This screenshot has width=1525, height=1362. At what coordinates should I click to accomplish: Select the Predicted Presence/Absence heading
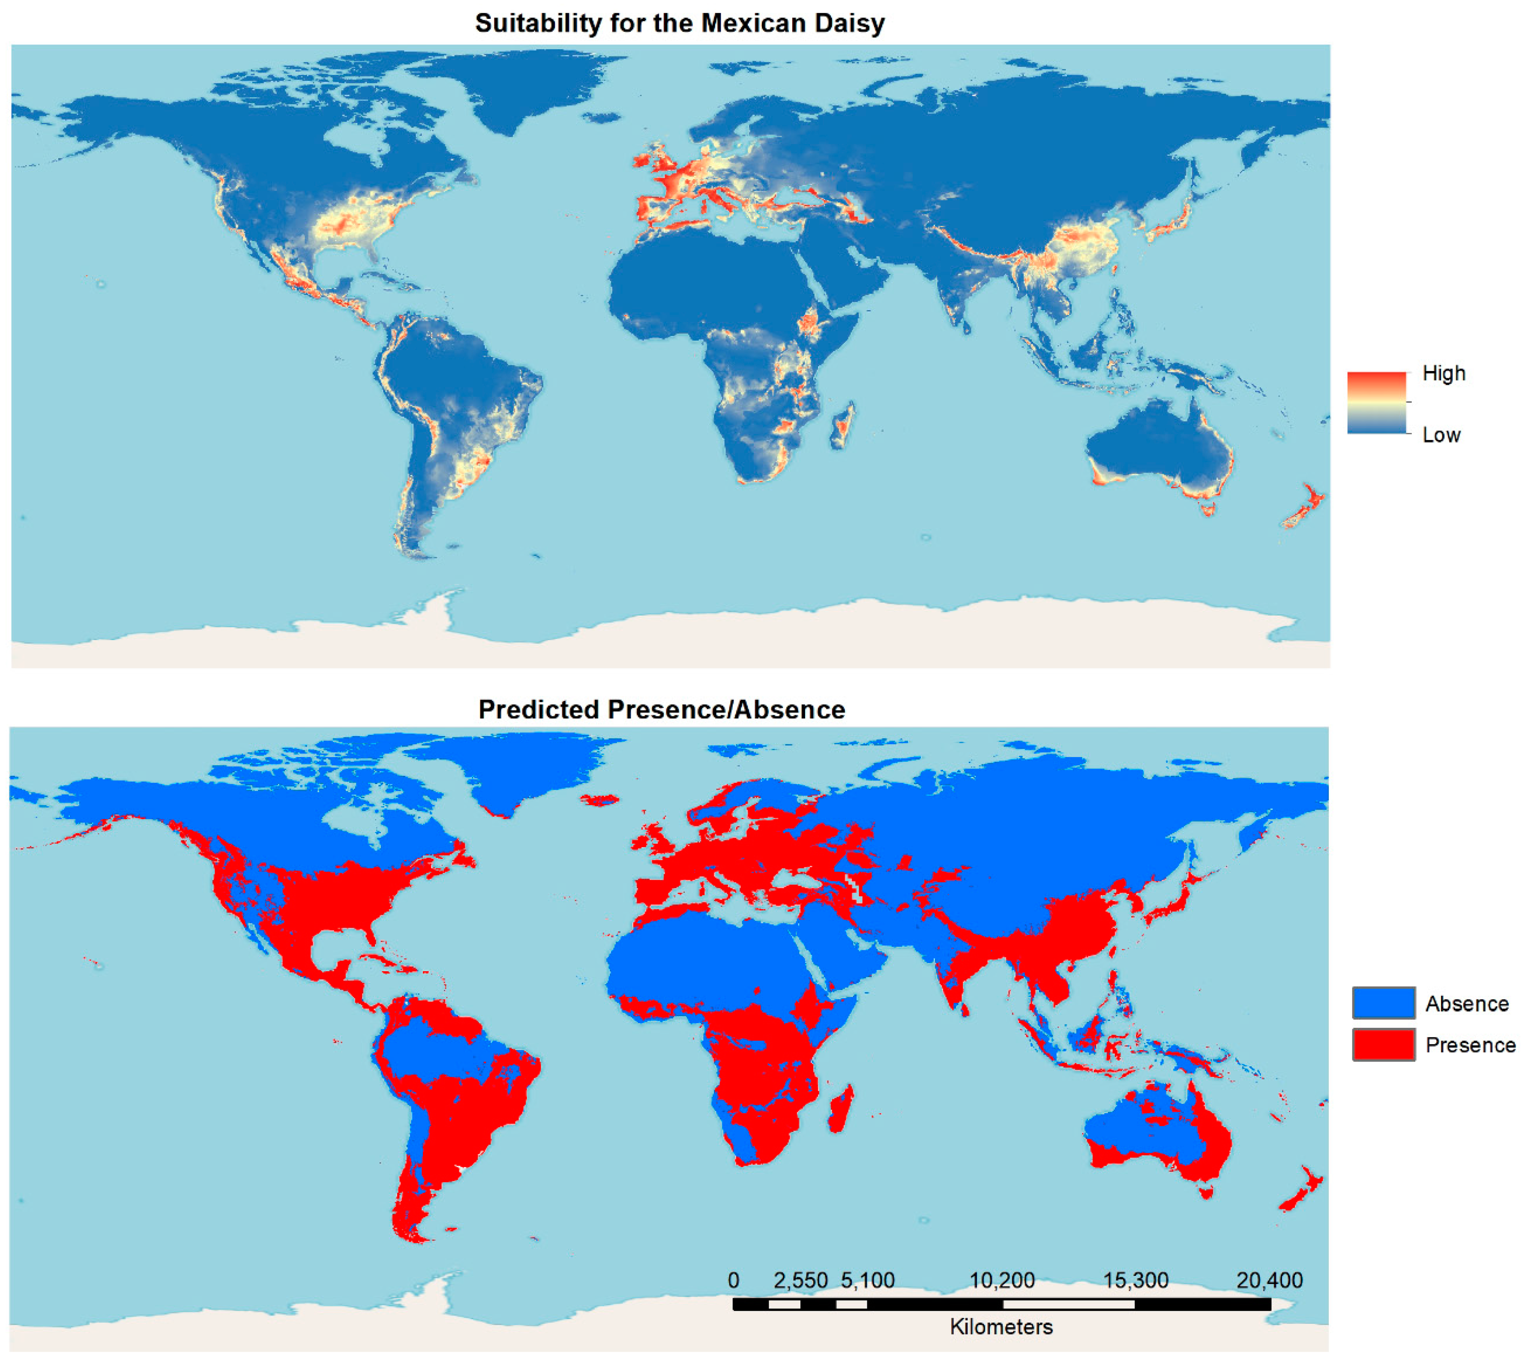tap(662, 709)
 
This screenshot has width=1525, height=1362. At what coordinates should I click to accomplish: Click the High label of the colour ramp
tap(1444, 374)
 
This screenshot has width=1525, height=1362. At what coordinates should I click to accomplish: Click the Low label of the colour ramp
tap(1441, 435)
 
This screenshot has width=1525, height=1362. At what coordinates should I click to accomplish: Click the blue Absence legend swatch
tap(1383, 1003)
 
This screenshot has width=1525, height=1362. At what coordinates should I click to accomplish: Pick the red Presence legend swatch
tap(1383, 1045)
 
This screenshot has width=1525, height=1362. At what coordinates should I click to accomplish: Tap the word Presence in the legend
tap(1470, 1045)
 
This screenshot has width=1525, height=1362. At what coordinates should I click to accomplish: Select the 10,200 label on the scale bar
tap(1001, 1281)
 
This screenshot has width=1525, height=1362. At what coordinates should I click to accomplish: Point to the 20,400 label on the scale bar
tap(1269, 1281)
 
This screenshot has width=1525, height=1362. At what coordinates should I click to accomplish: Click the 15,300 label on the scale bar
tap(1135, 1281)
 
